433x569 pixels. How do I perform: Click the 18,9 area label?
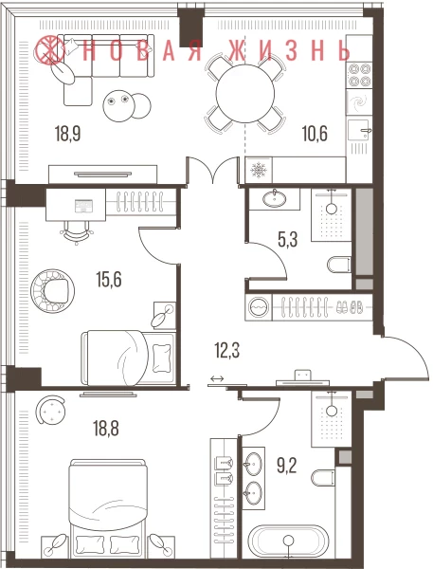(68, 133)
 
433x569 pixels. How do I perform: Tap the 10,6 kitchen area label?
(315, 133)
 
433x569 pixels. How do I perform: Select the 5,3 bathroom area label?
(288, 240)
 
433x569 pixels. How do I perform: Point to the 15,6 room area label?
(109, 280)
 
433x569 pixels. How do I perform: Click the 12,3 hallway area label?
(227, 351)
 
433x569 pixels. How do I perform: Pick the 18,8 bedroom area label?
(106, 429)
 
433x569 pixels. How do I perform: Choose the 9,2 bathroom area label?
(287, 466)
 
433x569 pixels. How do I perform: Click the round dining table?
(244, 93)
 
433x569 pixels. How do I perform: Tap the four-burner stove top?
(359, 75)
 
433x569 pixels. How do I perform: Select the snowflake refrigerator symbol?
(259, 170)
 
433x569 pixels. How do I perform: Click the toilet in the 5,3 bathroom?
(339, 265)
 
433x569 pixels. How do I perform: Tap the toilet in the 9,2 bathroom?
(323, 479)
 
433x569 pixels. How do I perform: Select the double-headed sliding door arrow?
(217, 378)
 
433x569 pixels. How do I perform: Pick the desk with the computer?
(76, 204)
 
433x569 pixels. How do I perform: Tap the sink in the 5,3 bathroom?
(274, 198)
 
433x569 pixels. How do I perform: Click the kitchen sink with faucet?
(358, 130)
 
